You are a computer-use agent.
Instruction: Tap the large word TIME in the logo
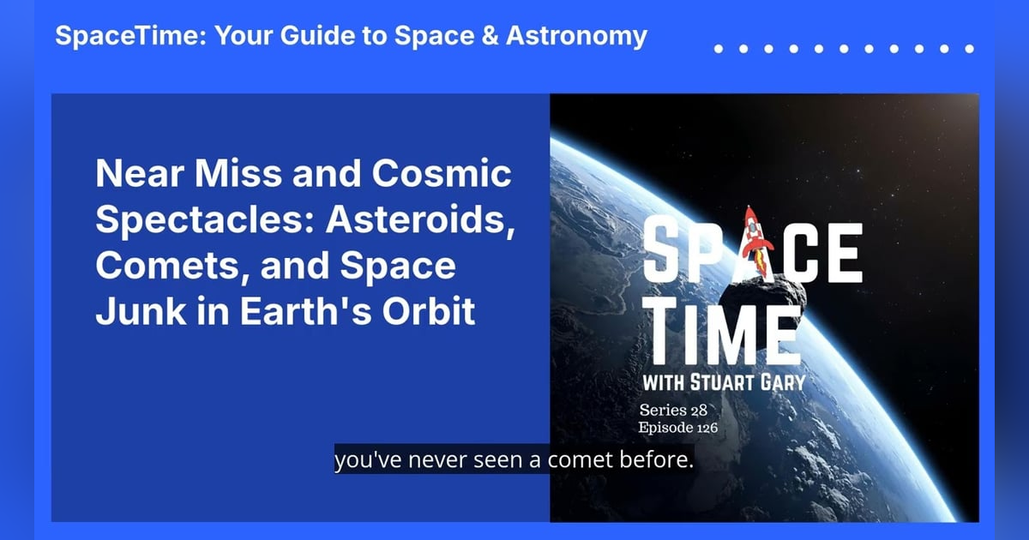click(x=725, y=330)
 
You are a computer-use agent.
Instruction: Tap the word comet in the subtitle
click(x=572, y=460)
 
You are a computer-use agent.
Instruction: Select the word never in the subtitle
click(x=434, y=460)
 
